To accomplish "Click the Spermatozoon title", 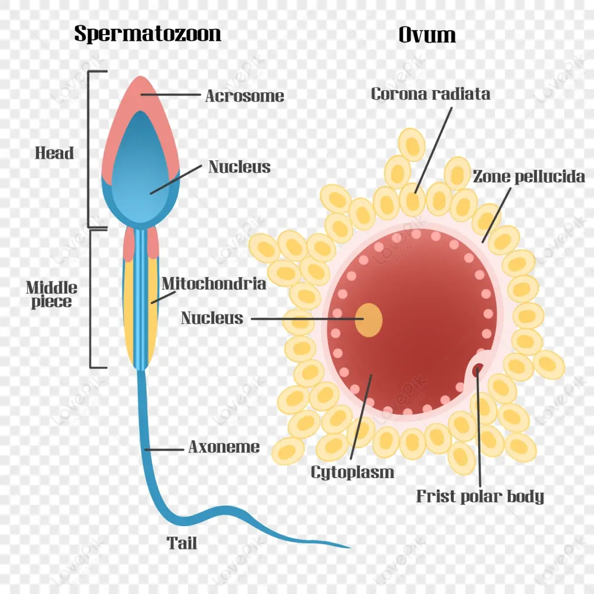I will click(148, 34).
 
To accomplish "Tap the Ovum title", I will click(427, 35).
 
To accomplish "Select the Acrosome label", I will click(245, 96).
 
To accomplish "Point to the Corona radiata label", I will click(430, 94).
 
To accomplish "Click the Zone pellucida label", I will click(528, 176).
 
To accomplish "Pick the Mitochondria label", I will click(213, 284).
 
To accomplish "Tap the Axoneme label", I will click(224, 447).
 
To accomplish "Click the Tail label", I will click(182, 543).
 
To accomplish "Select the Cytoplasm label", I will click(352, 472).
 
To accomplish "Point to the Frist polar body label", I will click(479, 496).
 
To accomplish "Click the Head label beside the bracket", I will click(54, 153).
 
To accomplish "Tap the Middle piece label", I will click(51, 295).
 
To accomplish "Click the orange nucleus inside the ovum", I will click(369, 320).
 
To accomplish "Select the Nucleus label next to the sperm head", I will click(239, 167).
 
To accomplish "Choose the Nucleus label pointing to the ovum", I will click(212, 318).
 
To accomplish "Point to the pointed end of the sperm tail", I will click(348, 547).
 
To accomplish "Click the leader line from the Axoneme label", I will click(164, 449).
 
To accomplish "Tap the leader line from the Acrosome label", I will click(171, 94).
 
